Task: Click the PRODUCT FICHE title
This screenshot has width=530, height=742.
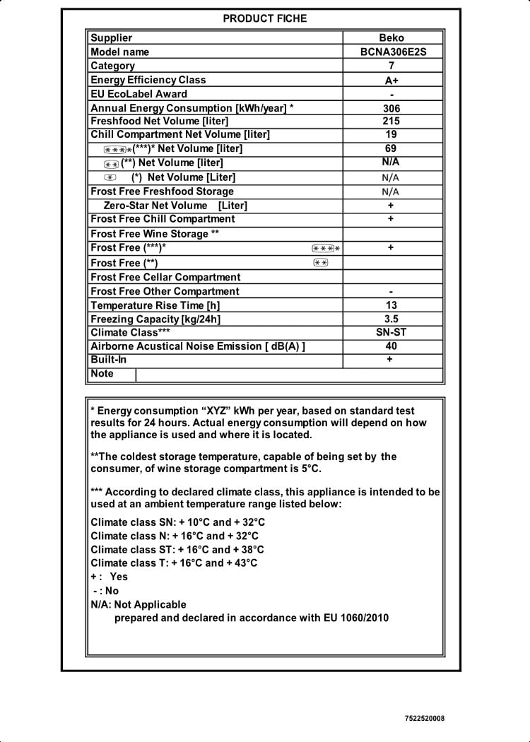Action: tap(265, 18)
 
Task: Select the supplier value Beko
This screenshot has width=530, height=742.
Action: tap(391, 38)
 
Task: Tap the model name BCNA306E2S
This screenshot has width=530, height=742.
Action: tap(391, 52)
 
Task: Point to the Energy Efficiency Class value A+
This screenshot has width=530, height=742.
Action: tap(391, 81)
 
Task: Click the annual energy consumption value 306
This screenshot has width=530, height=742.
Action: tap(391, 109)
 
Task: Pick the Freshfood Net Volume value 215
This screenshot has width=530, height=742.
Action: tap(391, 122)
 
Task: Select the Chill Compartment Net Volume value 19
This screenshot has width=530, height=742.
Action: tap(391, 134)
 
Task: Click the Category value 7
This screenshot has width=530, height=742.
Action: tap(391, 66)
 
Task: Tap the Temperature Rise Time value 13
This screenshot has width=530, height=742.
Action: tap(391, 305)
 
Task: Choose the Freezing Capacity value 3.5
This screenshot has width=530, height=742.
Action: tap(391, 319)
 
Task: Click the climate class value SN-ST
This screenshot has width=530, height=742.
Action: tap(391, 332)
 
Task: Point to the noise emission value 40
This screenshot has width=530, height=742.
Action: tap(391, 346)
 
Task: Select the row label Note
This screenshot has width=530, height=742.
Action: tap(102, 374)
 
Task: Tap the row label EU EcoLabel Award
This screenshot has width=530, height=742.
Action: tap(139, 94)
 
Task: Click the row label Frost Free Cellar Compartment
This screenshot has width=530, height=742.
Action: tap(165, 277)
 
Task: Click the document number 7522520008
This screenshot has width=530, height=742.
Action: tap(425, 719)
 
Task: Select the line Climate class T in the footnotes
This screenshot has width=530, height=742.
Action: tap(174, 563)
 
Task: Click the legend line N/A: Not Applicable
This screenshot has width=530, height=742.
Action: tap(139, 604)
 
